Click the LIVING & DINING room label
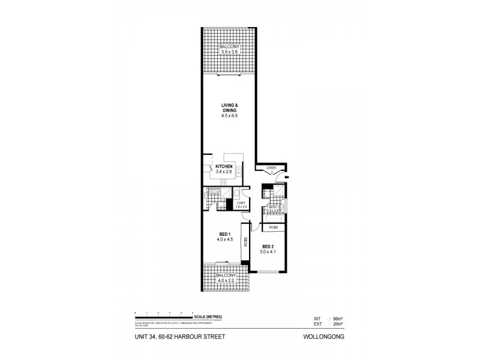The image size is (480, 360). [x=229, y=108]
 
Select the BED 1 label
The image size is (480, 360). [x=224, y=235]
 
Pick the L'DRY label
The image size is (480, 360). [x=241, y=202]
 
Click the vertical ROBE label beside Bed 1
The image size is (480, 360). [x=245, y=242]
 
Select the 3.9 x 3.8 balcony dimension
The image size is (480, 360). [x=229, y=52]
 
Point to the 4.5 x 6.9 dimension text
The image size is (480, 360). [x=229, y=115]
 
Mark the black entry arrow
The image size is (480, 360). [x=287, y=178]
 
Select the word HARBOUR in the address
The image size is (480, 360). [x=192, y=337]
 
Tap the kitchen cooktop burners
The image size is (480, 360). [x=224, y=182]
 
